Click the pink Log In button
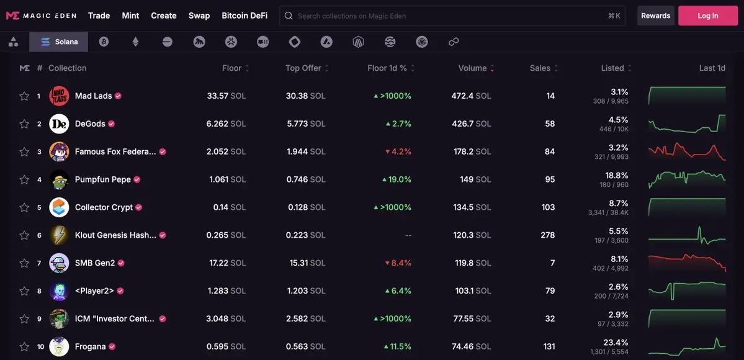click(x=707, y=16)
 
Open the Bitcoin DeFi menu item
click(x=244, y=16)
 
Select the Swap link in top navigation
click(x=199, y=16)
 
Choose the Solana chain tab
click(x=59, y=42)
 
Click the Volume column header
click(x=473, y=68)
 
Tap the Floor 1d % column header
click(x=387, y=68)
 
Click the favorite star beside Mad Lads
click(x=24, y=96)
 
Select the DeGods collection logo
click(x=59, y=124)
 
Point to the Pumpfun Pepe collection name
click(x=103, y=179)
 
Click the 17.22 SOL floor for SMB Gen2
click(x=227, y=263)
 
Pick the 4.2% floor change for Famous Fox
click(x=398, y=151)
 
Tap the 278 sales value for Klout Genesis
click(x=547, y=235)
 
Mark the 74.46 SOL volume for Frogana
click(x=471, y=346)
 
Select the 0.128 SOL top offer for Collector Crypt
click(x=307, y=207)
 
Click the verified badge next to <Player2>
click(x=120, y=291)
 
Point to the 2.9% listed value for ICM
click(x=619, y=315)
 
